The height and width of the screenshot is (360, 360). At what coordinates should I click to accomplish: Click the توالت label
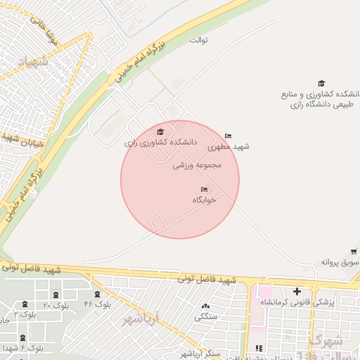coord(198,40)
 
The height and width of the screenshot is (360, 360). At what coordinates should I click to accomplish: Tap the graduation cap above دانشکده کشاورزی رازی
coord(160,131)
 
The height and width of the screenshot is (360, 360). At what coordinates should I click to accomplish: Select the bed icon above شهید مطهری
coord(228,136)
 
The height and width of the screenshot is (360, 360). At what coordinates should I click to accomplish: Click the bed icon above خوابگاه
coord(204,189)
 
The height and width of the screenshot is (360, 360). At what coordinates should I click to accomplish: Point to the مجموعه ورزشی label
coord(198,165)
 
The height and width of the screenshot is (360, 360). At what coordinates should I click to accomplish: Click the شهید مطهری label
coord(232,146)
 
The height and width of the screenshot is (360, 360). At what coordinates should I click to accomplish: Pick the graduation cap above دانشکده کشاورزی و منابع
coord(321,83)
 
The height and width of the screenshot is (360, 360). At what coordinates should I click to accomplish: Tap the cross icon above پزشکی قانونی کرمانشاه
coord(297,291)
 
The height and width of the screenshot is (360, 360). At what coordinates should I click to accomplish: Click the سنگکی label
coord(205,316)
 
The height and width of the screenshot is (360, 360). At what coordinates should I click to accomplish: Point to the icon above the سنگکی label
coord(205,306)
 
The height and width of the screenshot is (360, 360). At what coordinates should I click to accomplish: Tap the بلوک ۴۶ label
coord(98,304)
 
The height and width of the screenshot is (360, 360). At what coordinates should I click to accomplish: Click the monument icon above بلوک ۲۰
coord(56,295)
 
